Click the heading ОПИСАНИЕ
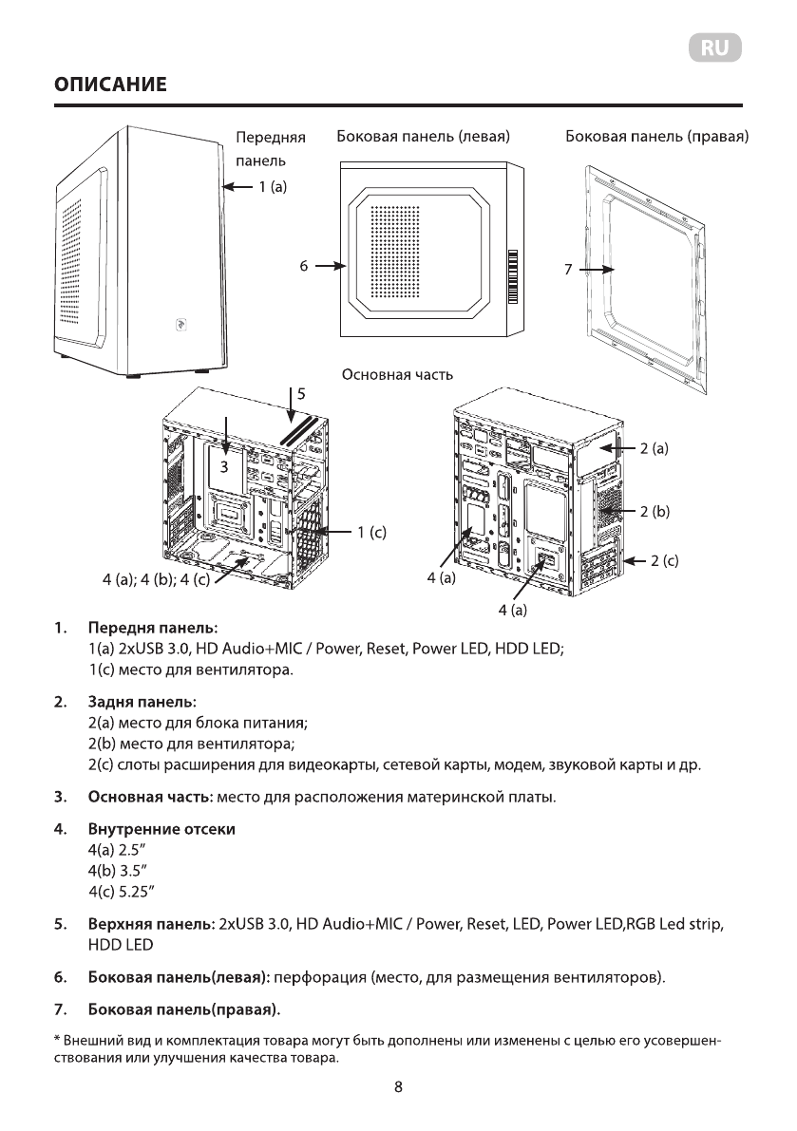110,86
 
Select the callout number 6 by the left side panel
304,268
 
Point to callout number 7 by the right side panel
567,270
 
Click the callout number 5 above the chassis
301,392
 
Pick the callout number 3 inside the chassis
226,467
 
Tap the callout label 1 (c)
370,533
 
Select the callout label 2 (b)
655,512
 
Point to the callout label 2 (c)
663,560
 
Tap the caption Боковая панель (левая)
425,138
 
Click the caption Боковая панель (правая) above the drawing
656,138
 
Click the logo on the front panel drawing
180,323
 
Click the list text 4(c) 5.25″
122,891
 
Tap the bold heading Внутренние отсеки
161,830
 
